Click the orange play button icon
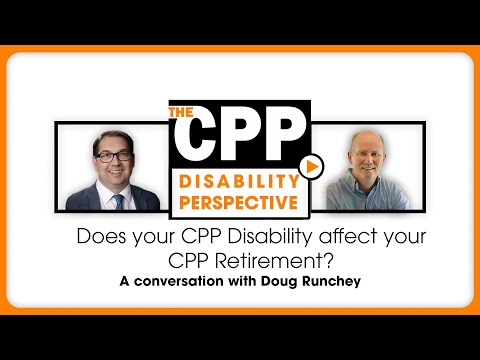coord(313,166)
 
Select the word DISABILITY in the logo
coord(233,180)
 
